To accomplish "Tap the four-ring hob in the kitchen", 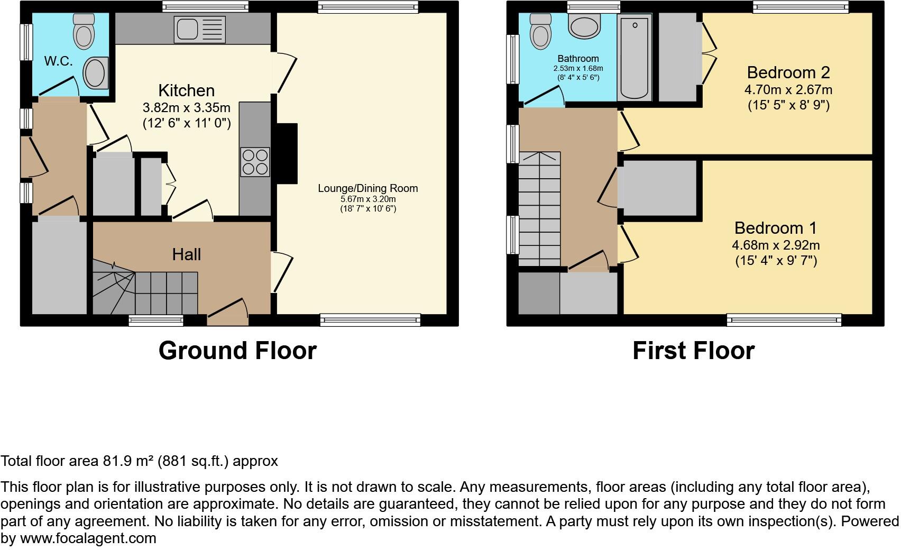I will (255, 162).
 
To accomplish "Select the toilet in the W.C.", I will (83, 31).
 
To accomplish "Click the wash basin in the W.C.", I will (96, 72).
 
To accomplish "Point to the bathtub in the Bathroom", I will (634, 57).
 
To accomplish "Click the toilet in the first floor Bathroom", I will (540, 31).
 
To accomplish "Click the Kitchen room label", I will (186, 90).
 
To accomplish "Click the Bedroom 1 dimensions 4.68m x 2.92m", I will (776, 245).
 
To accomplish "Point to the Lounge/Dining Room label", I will (367, 188).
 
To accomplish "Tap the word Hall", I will (186, 254).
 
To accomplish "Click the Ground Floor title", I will (237, 351).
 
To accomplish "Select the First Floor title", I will (693, 351).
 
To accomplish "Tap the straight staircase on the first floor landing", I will (539, 209).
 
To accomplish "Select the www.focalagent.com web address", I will (88, 538).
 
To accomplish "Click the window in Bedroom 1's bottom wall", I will (784, 319).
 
